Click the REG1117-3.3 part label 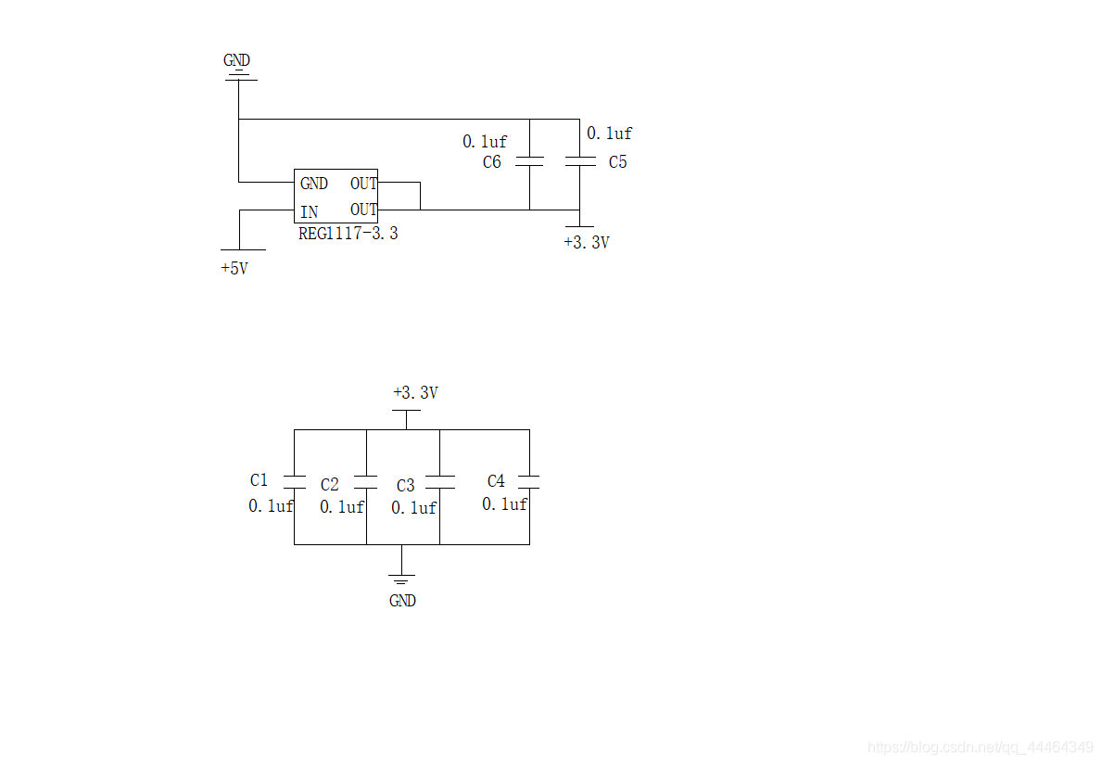coord(348,234)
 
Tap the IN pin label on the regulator coord(310,211)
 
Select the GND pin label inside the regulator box coord(314,184)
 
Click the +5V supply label coord(234,269)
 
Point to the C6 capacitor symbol coord(529,161)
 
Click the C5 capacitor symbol coord(580,161)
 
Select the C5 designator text coord(618,162)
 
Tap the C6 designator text coord(492,162)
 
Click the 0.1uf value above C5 coord(609,134)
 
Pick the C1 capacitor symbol coord(295,481)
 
